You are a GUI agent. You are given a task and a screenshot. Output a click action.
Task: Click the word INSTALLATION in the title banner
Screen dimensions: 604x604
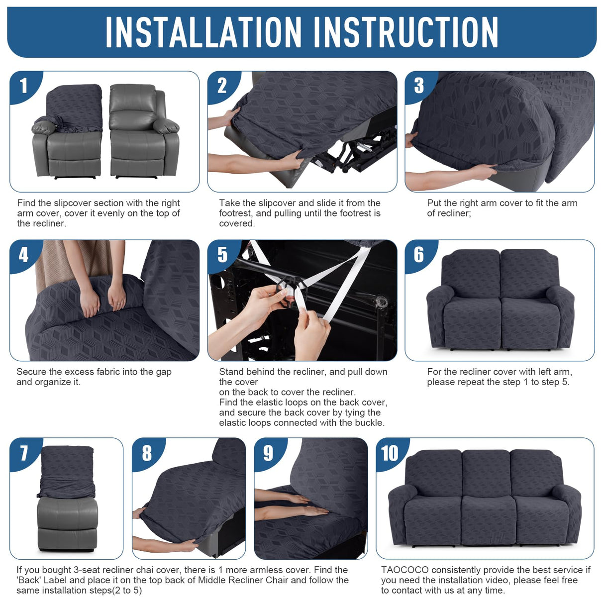click(x=203, y=32)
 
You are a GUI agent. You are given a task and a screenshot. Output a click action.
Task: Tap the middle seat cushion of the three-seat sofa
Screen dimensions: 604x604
click(x=489, y=520)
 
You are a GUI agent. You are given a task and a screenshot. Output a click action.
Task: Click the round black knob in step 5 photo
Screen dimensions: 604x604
click(x=382, y=302)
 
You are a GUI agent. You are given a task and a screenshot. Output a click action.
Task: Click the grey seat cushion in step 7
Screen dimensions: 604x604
click(x=67, y=513)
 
